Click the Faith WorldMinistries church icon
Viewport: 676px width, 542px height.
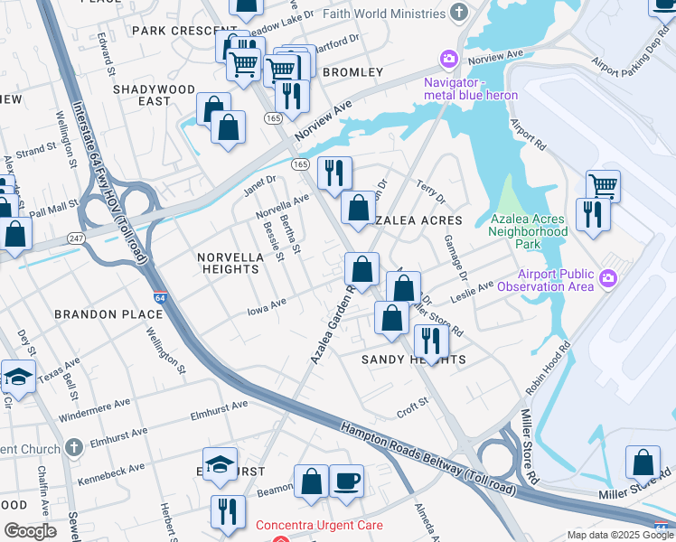tap(460, 12)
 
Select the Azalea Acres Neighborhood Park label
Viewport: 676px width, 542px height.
tap(528, 231)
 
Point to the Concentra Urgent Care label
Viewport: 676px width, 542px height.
tap(319, 525)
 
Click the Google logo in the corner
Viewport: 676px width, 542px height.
tap(30, 531)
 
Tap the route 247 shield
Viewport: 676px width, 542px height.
tap(75, 238)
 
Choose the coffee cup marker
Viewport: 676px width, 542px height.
tap(345, 481)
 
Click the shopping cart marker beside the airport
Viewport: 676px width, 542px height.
tap(603, 186)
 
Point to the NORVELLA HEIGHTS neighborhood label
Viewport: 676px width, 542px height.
tap(230, 263)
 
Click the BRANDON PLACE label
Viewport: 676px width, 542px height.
tap(108, 314)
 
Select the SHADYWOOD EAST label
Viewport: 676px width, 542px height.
tap(154, 95)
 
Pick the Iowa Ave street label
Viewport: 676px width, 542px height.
tap(267, 308)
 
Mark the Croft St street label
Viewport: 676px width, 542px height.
tap(412, 408)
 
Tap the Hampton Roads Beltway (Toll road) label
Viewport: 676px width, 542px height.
tap(427, 460)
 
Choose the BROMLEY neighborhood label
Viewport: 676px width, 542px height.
tap(346, 71)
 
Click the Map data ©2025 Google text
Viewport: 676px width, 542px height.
tap(618, 535)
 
